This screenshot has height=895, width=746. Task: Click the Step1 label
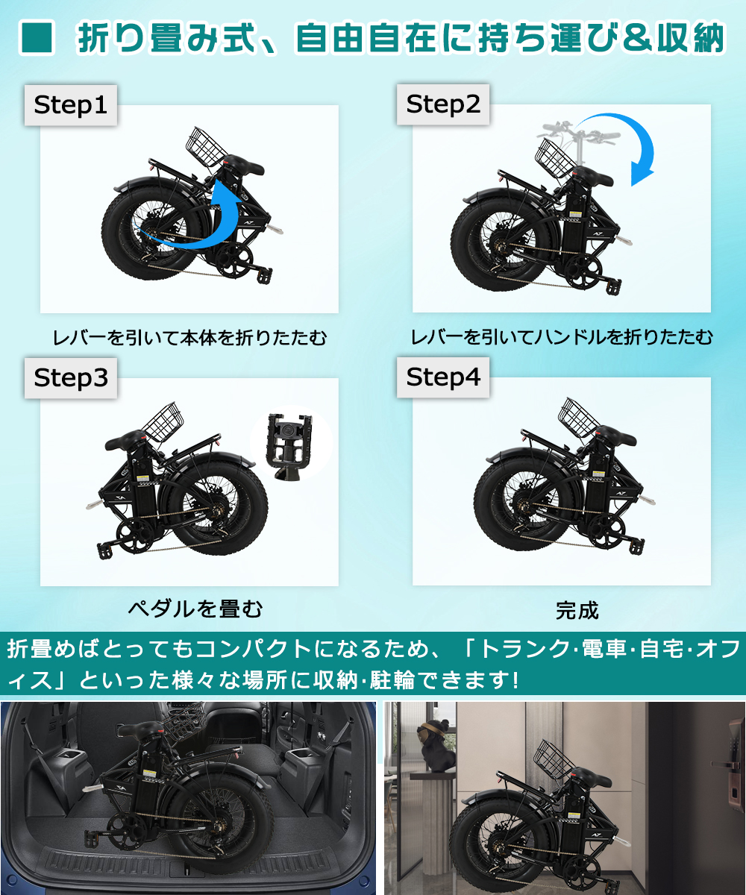click(x=71, y=105)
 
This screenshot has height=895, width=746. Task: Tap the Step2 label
click(x=443, y=104)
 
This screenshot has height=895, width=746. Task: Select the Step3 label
click(x=71, y=378)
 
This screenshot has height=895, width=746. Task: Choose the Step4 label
click(x=443, y=377)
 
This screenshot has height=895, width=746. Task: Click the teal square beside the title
click(x=37, y=38)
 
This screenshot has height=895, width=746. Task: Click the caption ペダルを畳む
click(x=195, y=609)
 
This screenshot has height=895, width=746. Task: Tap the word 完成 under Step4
click(x=577, y=611)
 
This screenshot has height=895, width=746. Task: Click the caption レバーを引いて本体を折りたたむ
click(x=189, y=338)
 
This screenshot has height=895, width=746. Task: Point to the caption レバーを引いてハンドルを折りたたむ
click(x=562, y=337)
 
